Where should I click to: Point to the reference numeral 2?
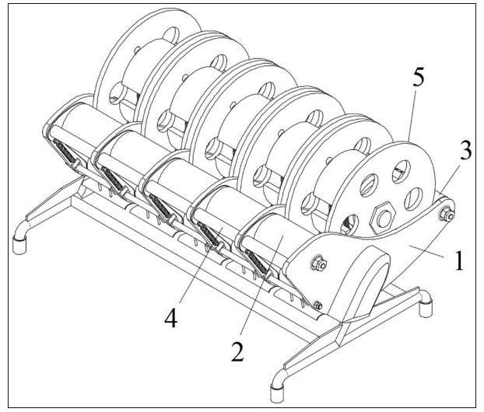[238, 352]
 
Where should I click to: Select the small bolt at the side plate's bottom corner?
[318, 306]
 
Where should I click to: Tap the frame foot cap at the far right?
[424, 307]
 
